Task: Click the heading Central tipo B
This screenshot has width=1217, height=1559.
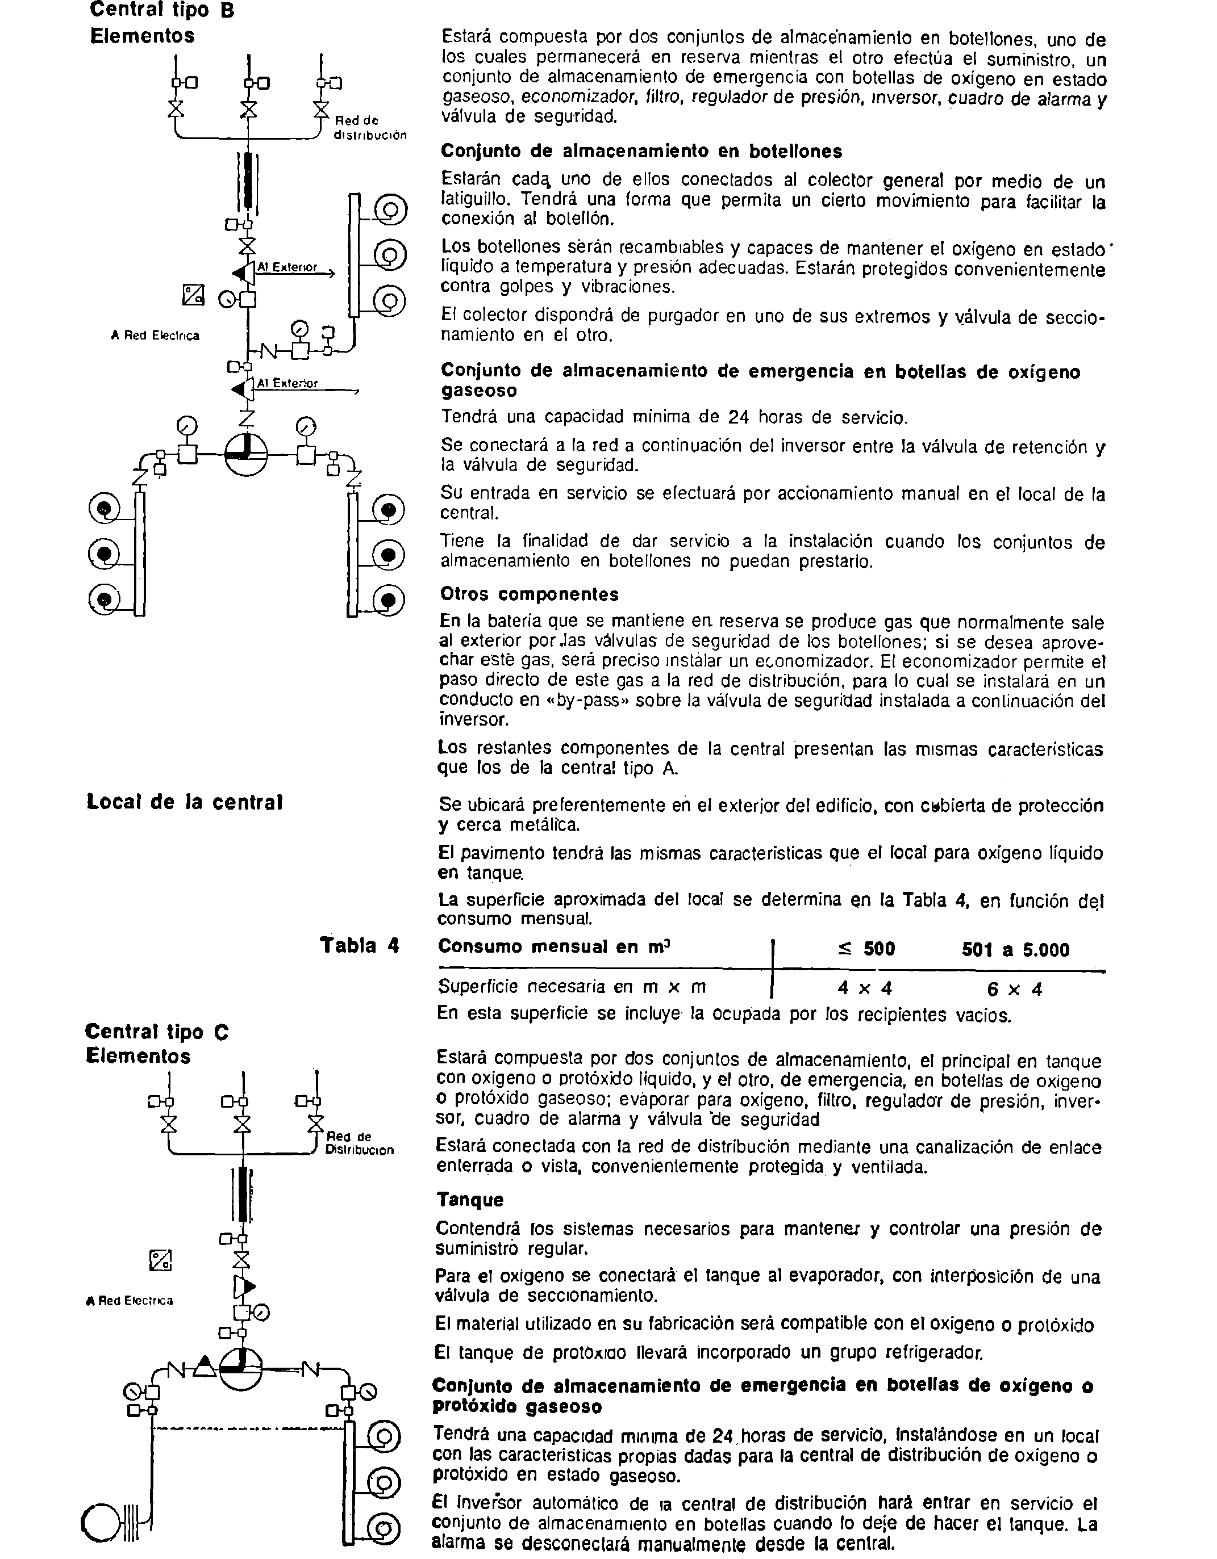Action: (162, 11)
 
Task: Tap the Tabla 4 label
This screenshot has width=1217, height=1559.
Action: (359, 946)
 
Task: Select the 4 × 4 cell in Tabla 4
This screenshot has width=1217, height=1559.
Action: (865, 988)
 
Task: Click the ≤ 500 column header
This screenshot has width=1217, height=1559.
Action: (866, 949)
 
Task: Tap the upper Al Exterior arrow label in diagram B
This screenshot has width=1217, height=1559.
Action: (287, 267)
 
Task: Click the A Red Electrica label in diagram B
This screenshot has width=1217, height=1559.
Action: (155, 336)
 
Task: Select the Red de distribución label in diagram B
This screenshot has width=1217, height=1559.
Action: (369, 128)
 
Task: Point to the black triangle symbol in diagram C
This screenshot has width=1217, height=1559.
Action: (205, 1365)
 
